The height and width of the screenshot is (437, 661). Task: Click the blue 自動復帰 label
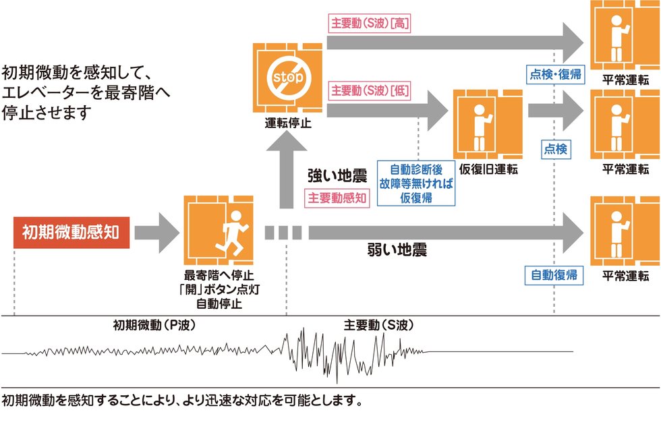click(x=554, y=274)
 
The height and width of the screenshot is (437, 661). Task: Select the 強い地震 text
click(x=337, y=177)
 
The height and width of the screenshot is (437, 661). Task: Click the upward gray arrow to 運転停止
click(x=288, y=169)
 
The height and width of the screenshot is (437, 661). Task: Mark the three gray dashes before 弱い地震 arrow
click(x=283, y=233)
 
